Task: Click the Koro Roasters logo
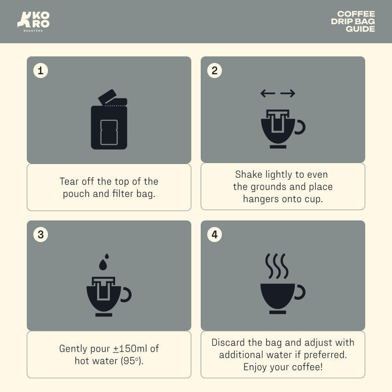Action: point(33,22)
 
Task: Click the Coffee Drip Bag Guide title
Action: point(353,22)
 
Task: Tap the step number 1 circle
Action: point(40,71)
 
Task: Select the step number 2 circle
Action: point(214,71)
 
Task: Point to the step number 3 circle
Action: point(40,235)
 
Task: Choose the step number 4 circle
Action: point(214,235)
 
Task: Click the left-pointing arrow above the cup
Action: point(268,94)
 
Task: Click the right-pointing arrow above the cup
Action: point(288,94)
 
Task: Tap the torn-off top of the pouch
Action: point(107,97)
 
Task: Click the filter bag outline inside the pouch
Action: point(109,132)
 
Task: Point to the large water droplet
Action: point(103,265)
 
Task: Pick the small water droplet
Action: point(107,256)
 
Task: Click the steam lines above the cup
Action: point(277,266)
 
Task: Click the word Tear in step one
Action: point(69,181)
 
